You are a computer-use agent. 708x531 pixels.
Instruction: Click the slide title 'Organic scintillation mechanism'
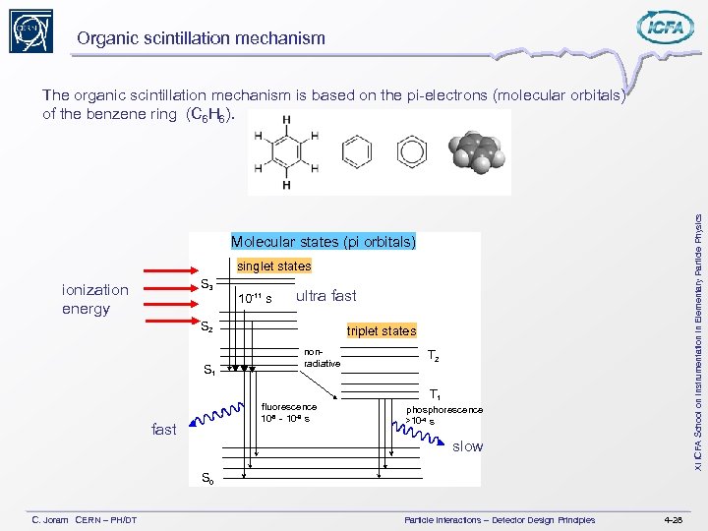click(201, 38)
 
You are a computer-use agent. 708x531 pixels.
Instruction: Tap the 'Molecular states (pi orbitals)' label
click(323, 242)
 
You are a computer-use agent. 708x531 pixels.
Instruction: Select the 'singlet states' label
click(273, 265)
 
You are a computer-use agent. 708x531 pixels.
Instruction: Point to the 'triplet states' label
click(382, 330)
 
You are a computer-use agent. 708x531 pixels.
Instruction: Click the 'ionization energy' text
click(94, 299)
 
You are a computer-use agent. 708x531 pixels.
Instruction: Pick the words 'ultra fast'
click(325, 296)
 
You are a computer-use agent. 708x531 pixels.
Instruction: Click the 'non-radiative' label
click(322, 358)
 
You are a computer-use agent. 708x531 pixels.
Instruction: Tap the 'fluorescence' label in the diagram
click(289, 406)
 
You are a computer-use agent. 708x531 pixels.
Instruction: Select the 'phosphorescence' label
click(444, 409)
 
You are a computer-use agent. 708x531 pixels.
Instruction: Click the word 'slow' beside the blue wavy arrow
click(467, 446)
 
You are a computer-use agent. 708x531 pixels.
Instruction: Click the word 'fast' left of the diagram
click(164, 429)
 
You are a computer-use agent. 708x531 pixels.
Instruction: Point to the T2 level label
click(435, 356)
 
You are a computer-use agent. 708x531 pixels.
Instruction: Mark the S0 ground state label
click(207, 479)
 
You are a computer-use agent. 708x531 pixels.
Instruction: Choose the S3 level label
click(207, 286)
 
